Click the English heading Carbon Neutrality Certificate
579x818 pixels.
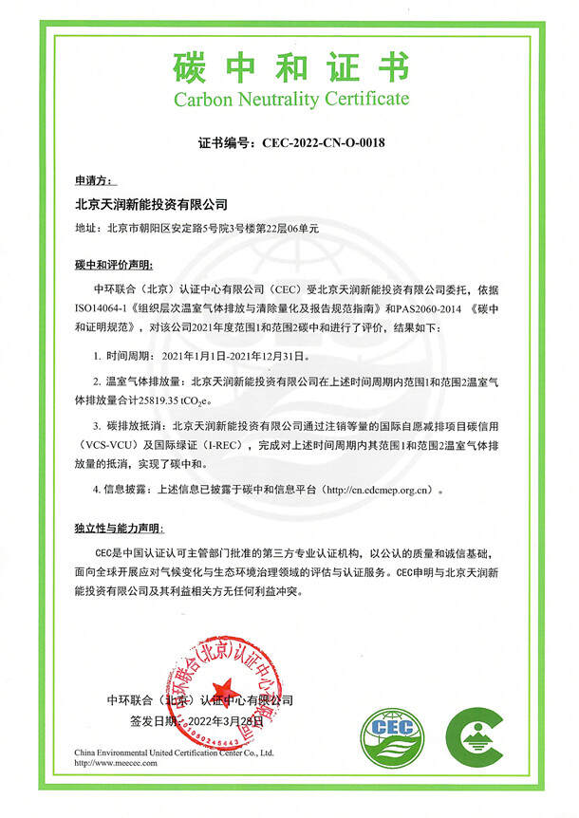coord(289,98)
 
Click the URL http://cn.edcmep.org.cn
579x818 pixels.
coord(379,490)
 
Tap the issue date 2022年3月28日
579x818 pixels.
coord(222,723)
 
